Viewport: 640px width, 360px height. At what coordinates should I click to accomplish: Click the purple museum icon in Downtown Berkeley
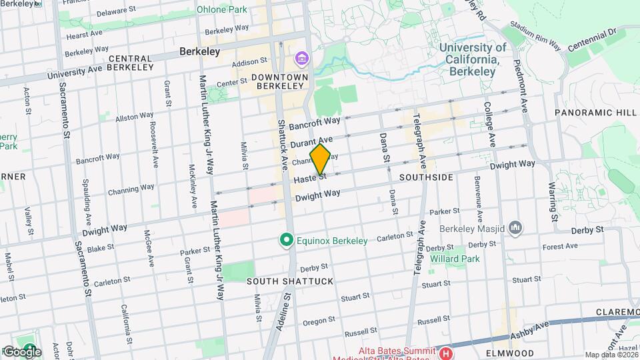pos(302,59)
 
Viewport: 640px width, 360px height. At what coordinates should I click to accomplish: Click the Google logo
pos(21,351)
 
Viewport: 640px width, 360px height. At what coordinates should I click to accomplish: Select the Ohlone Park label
pos(221,9)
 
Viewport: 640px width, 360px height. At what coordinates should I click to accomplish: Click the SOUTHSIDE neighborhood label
pos(426,178)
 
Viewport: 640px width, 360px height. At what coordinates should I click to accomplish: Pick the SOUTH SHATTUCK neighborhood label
pos(290,281)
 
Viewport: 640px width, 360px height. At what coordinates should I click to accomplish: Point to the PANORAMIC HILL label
pos(595,113)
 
